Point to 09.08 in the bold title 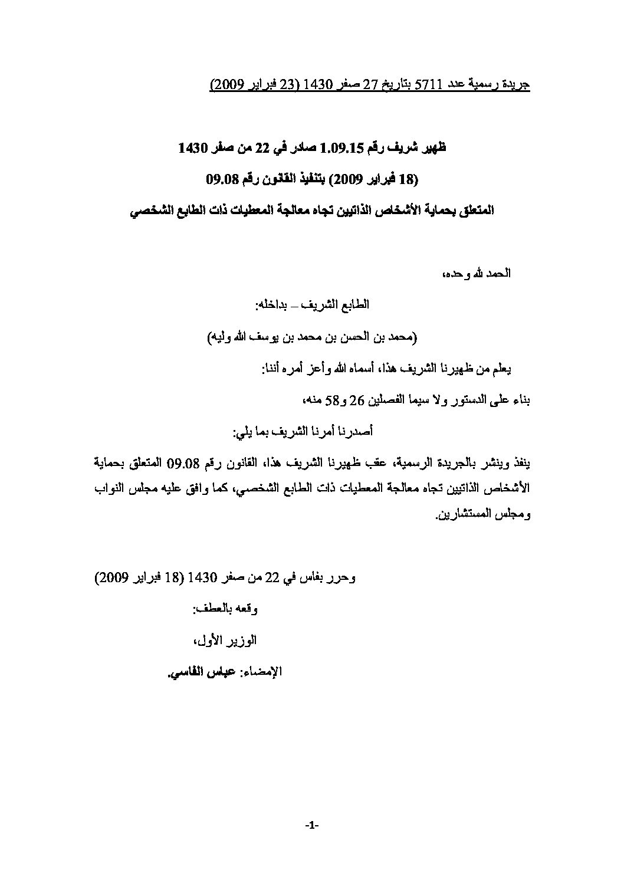[x=224, y=179]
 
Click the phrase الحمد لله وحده [x=480, y=274]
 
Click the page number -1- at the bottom [x=312, y=828]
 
